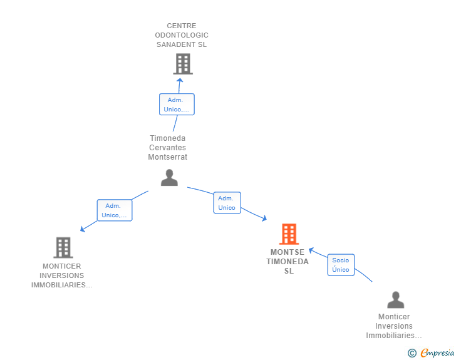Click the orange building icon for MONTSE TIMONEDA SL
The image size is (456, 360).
pyautogui.click(x=289, y=234)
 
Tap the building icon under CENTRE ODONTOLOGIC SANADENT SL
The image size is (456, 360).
pyautogui.click(x=183, y=64)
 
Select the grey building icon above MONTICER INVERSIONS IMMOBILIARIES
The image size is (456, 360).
pyautogui.click(x=63, y=247)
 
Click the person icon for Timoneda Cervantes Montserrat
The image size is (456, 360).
pyautogui.click(x=169, y=177)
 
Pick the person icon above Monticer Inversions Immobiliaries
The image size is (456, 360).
pyautogui.click(x=395, y=300)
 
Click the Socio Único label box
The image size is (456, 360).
pyautogui.click(x=341, y=265)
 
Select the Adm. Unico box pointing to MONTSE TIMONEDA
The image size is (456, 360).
pyautogui.click(x=227, y=203)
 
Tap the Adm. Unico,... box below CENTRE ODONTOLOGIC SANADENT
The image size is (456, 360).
pyautogui.click(x=177, y=105)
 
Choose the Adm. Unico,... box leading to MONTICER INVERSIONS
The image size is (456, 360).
pyautogui.click(x=115, y=210)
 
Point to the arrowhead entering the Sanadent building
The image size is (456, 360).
pyautogui.click(x=180, y=80)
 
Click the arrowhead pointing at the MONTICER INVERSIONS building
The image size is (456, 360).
pyautogui.click(x=83, y=229)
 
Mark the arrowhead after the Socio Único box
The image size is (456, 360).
pyautogui.click(x=311, y=250)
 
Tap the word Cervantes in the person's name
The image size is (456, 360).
pyautogui.click(x=167, y=147)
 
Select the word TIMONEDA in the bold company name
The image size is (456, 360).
pyautogui.click(x=288, y=262)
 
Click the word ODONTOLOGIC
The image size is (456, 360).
pyautogui.click(x=182, y=35)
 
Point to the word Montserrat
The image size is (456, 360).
pyautogui.click(x=167, y=157)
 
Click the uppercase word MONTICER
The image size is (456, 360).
pyautogui.click(x=61, y=266)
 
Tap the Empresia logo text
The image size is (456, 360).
pyautogui.click(x=437, y=352)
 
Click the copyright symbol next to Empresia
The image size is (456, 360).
pyautogui.click(x=412, y=353)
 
